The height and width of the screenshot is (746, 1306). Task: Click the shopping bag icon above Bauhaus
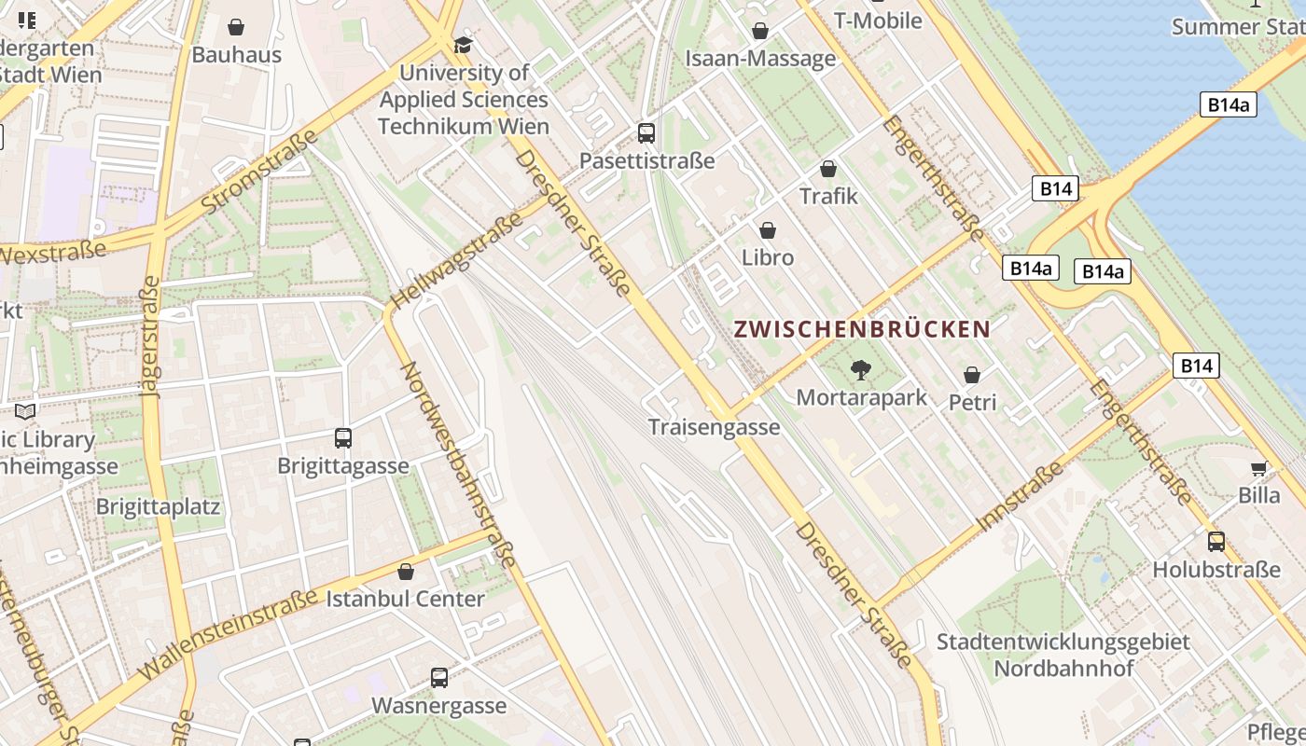tap(236, 28)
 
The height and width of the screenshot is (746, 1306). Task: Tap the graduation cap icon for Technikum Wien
tap(464, 45)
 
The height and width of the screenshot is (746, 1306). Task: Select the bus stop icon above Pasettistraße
tap(646, 133)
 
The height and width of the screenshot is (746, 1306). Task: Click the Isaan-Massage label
tap(760, 59)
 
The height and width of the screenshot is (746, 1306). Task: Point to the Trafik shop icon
tap(827, 169)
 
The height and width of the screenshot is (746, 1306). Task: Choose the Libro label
tap(768, 257)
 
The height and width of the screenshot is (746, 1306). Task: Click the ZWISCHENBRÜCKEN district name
tap(861, 329)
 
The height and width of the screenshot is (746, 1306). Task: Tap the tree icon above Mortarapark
tap(861, 370)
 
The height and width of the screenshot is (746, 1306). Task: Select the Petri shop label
tap(972, 403)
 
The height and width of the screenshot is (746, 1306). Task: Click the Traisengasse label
tap(714, 427)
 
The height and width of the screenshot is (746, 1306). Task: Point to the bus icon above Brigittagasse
tap(343, 437)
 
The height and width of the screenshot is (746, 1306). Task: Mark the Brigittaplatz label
tap(158, 507)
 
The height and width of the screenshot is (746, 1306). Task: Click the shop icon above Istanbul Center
tap(406, 571)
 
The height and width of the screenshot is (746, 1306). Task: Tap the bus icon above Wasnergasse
tap(439, 678)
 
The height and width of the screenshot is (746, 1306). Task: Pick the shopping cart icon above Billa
tap(1258, 468)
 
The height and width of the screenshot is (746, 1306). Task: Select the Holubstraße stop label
tap(1216, 569)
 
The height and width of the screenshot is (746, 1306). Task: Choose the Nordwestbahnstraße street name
tap(458, 464)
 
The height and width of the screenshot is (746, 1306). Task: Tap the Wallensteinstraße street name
tap(228, 636)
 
